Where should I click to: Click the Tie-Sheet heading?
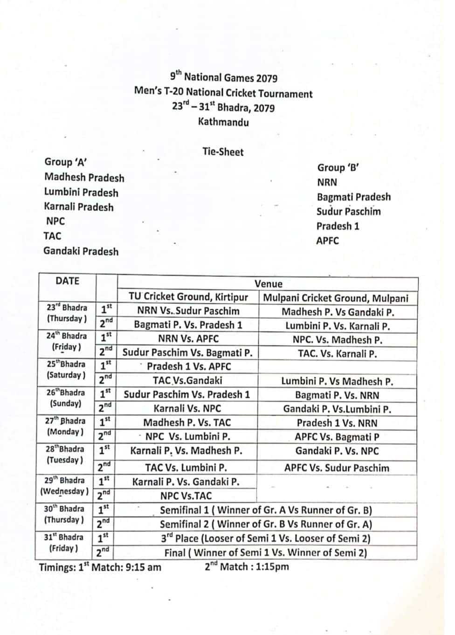point(223,152)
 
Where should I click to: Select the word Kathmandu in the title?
point(223,122)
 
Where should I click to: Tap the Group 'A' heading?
point(66,162)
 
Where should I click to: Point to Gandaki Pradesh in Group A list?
point(81,251)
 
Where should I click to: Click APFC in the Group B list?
point(327,241)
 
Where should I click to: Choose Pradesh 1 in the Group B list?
point(338,226)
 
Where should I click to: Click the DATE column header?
point(67,281)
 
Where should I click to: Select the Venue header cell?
point(268,283)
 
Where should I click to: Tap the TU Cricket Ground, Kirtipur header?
point(188,297)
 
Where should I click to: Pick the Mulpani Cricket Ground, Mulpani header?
point(336,298)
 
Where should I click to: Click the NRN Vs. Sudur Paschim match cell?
point(188,311)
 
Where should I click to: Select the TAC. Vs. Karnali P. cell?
point(337,353)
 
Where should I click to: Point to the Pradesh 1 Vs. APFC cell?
point(188,366)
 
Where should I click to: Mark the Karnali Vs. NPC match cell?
point(187,408)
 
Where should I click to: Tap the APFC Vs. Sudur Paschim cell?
point(337,468)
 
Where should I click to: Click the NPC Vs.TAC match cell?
point(186,496)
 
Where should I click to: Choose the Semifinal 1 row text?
point(266,510)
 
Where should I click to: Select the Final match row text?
point(266,553)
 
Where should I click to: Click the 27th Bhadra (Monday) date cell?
point(65,426)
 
